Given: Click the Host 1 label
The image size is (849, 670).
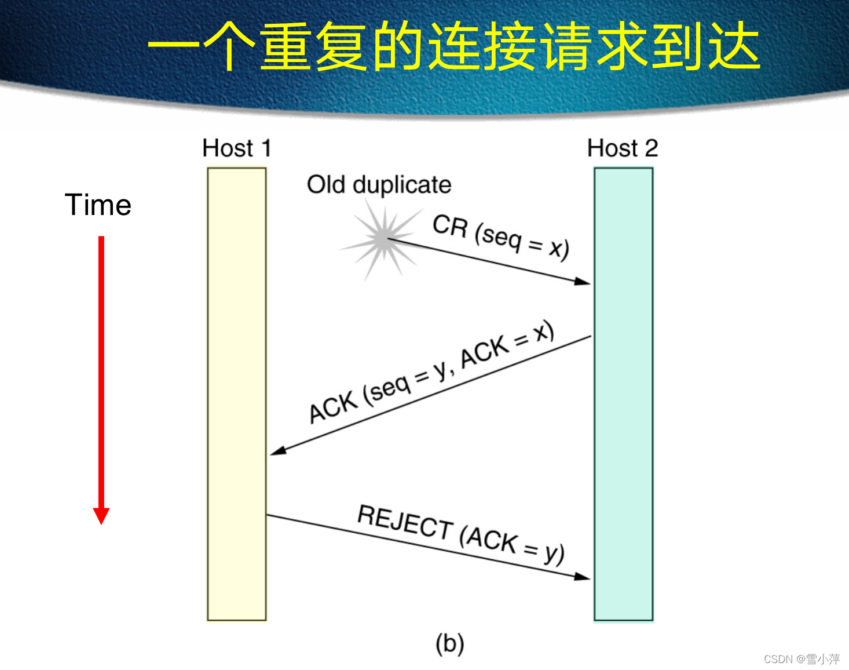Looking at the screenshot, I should pyautogui.click(x=237, y=148).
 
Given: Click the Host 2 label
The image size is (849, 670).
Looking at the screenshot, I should pyautogui.click(x=623, y=148).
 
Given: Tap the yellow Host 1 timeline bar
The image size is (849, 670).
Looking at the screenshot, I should pyautogui.click(x=237, y=394).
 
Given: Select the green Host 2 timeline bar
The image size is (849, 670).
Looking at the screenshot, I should pyautogui.click(x=623, y=394).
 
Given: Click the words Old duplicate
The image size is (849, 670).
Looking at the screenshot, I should pyautogui.click(x=379, y=185).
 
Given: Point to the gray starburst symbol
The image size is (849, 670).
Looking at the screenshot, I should pyautogui.click(x=383, y=238).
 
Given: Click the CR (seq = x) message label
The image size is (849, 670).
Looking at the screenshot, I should pyautogui.click(x=501, y=236).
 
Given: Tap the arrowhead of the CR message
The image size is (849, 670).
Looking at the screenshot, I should pyautogui.click(x=584, y=282).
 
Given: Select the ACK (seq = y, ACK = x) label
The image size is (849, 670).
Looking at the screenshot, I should pyautogui.click(x=431, y=371).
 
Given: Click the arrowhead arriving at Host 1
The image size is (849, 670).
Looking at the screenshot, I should pyautogui.click(x=277, y=450).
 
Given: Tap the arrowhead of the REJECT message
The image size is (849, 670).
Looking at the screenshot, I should pyautogui.click(x=584, y=577).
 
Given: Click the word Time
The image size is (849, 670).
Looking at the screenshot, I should pyautogui.click(x=98, y=205).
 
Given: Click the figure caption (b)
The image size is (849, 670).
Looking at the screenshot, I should pyautogui.click(x=450, y=643).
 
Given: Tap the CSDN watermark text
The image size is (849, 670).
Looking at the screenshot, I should pyautogui.click(x=802, y=659).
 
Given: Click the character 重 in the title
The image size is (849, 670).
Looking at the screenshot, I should pyautogui.click(x=285, y=46).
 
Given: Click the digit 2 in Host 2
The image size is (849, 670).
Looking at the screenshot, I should pyautogui.click(x=652, y=148).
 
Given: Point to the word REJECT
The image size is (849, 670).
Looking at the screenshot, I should pyautogui.click(x=405, y=521).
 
